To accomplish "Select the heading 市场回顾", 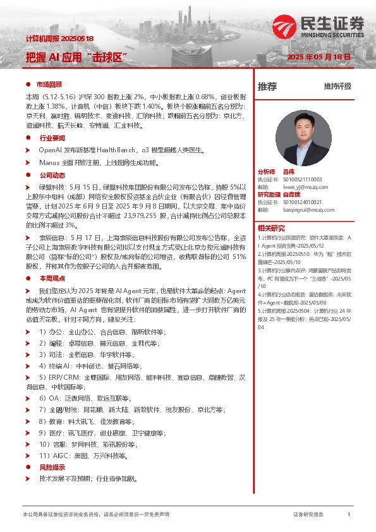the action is click(x=49, y=84).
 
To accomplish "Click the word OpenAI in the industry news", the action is click(x=51, y=150).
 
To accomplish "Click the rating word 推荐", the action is click(x=267, y=87).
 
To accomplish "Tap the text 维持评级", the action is click(x=337, y=87).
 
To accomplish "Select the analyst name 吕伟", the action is click(x=289, y=172).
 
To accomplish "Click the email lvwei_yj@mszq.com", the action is click(x=301, y=186).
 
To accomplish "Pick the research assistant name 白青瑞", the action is click(x=291, y=195).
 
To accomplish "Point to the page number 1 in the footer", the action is click(x=349, y=515).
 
